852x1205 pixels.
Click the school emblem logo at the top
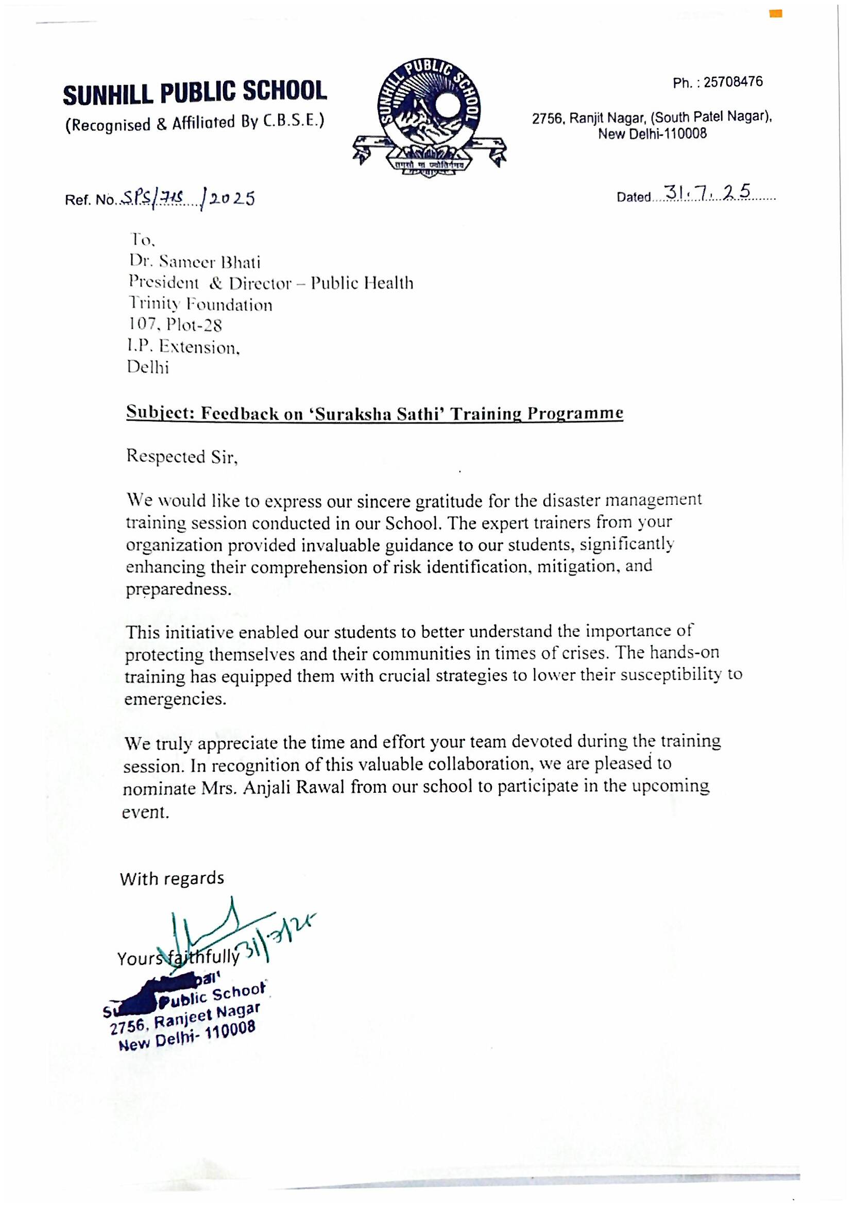coord(430,118)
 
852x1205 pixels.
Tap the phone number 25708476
coord(733,82)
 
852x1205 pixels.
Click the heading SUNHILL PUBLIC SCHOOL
coord(195,93)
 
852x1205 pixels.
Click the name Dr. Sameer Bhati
coord(195,262)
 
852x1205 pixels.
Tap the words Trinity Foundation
coord(200,304)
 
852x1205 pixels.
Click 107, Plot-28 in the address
coord(175,326)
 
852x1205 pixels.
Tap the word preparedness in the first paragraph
coord(178,589)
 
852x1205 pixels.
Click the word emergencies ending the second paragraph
coord(175,699)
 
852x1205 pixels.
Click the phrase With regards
coord(172,878)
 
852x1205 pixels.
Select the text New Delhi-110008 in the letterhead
coord(652,133)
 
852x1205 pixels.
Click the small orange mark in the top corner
coord(775,13)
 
